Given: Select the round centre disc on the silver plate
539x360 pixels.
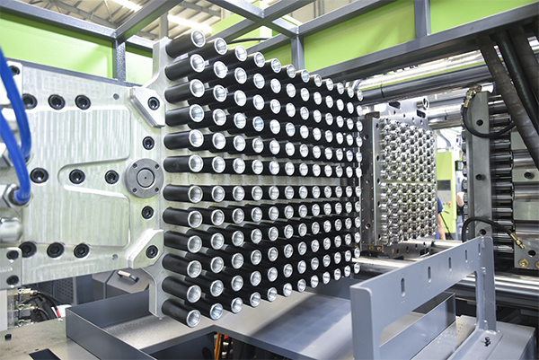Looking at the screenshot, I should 143,178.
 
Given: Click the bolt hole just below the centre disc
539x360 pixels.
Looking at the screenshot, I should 147,213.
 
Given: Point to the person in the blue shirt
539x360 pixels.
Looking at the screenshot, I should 440,215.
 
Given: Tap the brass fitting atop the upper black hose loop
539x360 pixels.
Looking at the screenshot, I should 471,92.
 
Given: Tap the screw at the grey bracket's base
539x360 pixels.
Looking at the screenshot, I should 488,340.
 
